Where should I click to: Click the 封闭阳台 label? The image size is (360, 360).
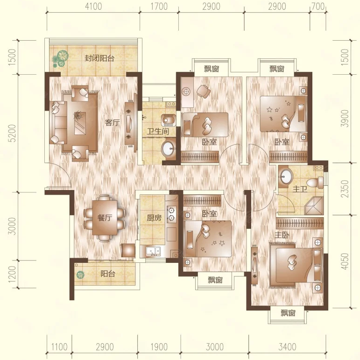pyautogui.click(x=99, y=58)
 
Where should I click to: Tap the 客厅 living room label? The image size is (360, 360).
pyautogui.click(x=113, y=123)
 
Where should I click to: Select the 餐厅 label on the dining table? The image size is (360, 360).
pyautogui.click(x=105, y=218)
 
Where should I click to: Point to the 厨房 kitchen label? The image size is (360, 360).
pyautogui.click(x=154, y=218)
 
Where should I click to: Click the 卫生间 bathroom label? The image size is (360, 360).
pyautogui.click(x=158, y=131)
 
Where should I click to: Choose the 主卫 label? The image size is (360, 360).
pyautogui.click(x=300, y=189)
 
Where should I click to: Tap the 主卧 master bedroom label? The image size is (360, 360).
pyautogui.click(x=282, y=235)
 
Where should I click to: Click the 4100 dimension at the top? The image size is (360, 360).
pyautogui.click(x=93, y=7)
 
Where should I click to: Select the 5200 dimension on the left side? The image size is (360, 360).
pyautogui.click(x=13, y=133)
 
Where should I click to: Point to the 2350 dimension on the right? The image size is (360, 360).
pyautogui.click(x=345, y=189)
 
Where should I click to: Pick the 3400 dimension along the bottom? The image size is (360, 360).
pyautogui.click(x=287, y=347)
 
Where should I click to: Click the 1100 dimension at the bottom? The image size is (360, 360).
pyautogui.click(x=59, y=347)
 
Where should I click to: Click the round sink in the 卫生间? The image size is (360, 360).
pyautogui.click(x=169, y=149)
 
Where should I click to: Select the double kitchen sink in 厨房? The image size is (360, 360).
pyautogui.click(x=153, y=251)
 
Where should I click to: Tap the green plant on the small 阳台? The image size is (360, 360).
pyautogui.click(x=80, y=275)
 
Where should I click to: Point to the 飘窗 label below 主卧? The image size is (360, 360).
pyautogui.click(x=288, y=313)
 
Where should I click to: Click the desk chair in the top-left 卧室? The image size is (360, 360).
pyautogui.click(x=204, y=91)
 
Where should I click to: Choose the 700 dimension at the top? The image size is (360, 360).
pyautogui.click(x=318, y=7)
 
